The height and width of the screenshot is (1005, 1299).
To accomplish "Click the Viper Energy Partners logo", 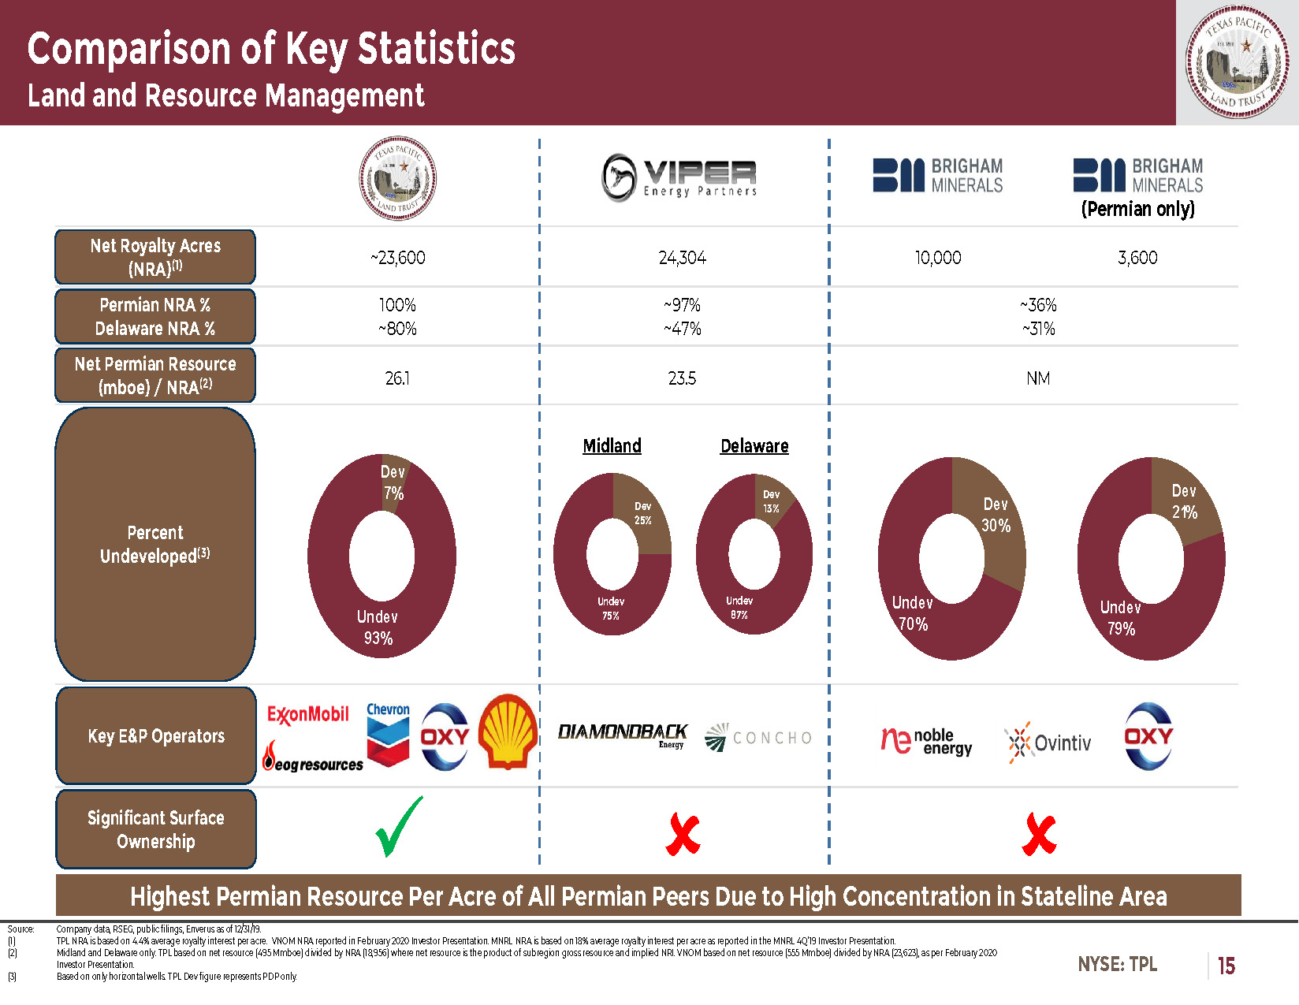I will (x=679, y=177).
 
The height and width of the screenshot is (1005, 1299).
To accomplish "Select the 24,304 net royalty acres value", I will (x=683, y=258).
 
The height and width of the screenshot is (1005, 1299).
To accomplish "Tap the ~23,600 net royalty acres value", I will (x=397, y=258).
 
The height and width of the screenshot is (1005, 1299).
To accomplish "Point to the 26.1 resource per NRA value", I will (x=397, y=378).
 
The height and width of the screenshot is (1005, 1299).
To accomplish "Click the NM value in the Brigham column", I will (x=1038, y=378).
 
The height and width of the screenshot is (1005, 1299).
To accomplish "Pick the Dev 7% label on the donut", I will (x=393, y=482).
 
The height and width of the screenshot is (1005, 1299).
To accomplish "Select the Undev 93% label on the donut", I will (x=378, y=627).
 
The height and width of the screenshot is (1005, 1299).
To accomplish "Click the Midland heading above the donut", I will (x=612, y=446).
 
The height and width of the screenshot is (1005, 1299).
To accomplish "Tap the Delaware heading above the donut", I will (x=754, y=446).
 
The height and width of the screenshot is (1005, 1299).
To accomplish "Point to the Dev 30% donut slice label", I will (x=996, y=515).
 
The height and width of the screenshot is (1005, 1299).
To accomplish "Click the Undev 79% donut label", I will (x=1121, y=618).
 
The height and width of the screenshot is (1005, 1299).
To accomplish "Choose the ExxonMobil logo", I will (x=307, y=714).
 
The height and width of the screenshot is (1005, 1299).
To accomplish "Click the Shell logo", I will (x=508, y=731).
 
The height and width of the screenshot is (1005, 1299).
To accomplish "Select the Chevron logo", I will (x=388, y=735).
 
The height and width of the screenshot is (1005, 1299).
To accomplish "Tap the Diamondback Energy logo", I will (x=623, y=735).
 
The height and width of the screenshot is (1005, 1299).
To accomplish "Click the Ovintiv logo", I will (x=1048, y=743).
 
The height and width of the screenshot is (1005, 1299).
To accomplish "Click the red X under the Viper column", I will (x=683, y=835).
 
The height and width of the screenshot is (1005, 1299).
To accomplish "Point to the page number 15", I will (x=1226, y=966).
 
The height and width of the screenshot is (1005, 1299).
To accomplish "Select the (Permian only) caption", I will (x=1137, y=209).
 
